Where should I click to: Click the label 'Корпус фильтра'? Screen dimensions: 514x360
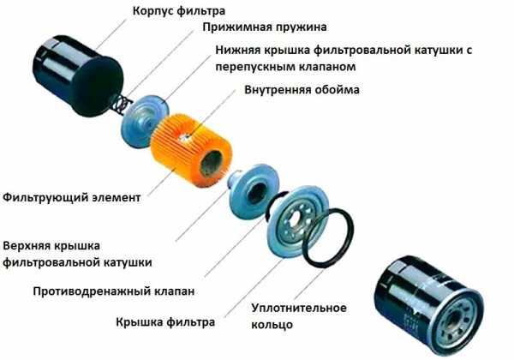179,11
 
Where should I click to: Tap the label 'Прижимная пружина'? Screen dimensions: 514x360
264,27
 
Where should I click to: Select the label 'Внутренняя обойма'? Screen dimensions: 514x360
302,90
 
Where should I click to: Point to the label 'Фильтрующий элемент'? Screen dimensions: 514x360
72,198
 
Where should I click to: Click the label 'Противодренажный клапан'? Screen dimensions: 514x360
114,291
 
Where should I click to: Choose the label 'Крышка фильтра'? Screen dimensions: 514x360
165,322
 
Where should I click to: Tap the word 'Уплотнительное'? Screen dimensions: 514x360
299,308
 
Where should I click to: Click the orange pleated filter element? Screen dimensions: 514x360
191,150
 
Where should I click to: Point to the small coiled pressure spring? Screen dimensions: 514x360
122,104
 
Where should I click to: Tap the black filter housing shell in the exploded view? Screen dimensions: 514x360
77,75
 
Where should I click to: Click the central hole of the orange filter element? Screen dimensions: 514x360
211,164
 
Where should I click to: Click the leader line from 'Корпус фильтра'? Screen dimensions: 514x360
111,34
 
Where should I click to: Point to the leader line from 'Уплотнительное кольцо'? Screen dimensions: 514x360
309,285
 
